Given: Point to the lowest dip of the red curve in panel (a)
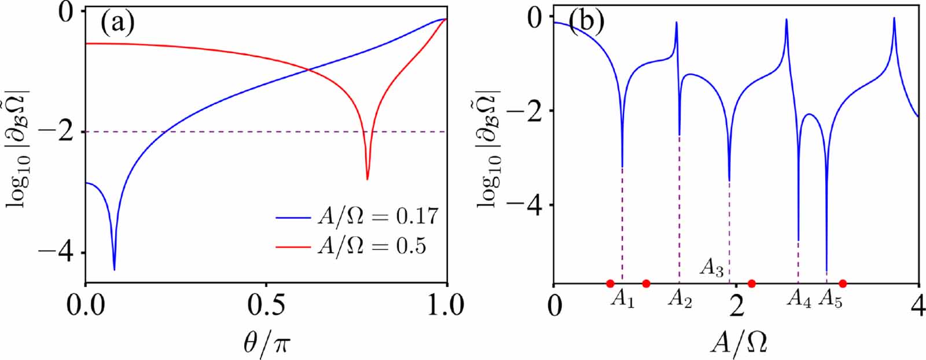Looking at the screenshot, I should coord(368,179).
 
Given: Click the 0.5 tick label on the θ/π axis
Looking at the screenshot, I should coord(266,305).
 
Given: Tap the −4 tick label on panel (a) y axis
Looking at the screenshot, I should coord(57,254).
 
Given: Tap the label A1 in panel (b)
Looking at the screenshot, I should coord(622,299).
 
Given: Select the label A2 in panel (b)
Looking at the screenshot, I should coord(679,299).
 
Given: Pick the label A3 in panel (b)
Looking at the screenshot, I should coord(712,268).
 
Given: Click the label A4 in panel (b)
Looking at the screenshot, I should coord(800,299).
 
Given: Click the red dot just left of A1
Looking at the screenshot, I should coord(610,284).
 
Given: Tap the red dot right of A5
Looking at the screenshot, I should coord(843,284).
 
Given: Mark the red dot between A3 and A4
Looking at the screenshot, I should coord(751,284).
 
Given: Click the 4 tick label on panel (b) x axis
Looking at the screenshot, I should coord(918,305).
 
